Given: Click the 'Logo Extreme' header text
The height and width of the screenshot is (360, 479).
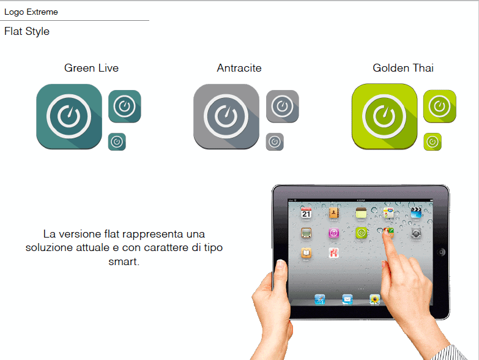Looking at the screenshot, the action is [x=31, y=12].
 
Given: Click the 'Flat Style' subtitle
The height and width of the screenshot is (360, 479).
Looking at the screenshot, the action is [x=27, y=31].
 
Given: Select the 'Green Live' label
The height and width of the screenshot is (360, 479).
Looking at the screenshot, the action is [x=91, y=68].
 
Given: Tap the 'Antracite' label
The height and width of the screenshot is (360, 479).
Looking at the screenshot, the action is [x=239, y=68].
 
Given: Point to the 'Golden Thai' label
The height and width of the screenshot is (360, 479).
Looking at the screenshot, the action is [x=403, y=68].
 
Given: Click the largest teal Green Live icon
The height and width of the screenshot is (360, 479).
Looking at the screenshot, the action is [x=69, y=116].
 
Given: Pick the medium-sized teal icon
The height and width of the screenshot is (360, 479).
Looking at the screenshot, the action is [x=125, y=106].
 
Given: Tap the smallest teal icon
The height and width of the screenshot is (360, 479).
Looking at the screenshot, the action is [x=117, y=142].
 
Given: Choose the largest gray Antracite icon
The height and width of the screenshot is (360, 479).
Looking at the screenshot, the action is [x=226, y=116].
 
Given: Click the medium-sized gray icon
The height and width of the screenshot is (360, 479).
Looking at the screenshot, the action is [x=283, y=106].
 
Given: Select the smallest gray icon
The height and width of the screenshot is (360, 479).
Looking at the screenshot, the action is [x=275, y=142].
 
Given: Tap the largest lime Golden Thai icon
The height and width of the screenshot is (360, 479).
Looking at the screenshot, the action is [x=384, y=116].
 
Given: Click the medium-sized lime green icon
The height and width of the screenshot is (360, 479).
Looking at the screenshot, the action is [x=440, y=106].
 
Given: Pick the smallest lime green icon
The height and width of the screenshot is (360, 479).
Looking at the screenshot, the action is [x=433, y=142].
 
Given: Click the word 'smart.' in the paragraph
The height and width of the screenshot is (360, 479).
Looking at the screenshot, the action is [x=124, y=261].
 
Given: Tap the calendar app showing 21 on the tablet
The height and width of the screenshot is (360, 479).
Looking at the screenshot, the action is [x=306, y=213].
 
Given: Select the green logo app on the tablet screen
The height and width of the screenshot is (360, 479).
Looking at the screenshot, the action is [x=362, y=233].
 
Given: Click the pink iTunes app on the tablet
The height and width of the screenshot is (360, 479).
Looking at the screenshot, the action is [x=333, y=233].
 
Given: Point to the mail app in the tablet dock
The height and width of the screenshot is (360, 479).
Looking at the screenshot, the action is [x=347, y=299].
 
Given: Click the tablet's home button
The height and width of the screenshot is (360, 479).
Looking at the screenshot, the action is [x=441, y=252].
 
